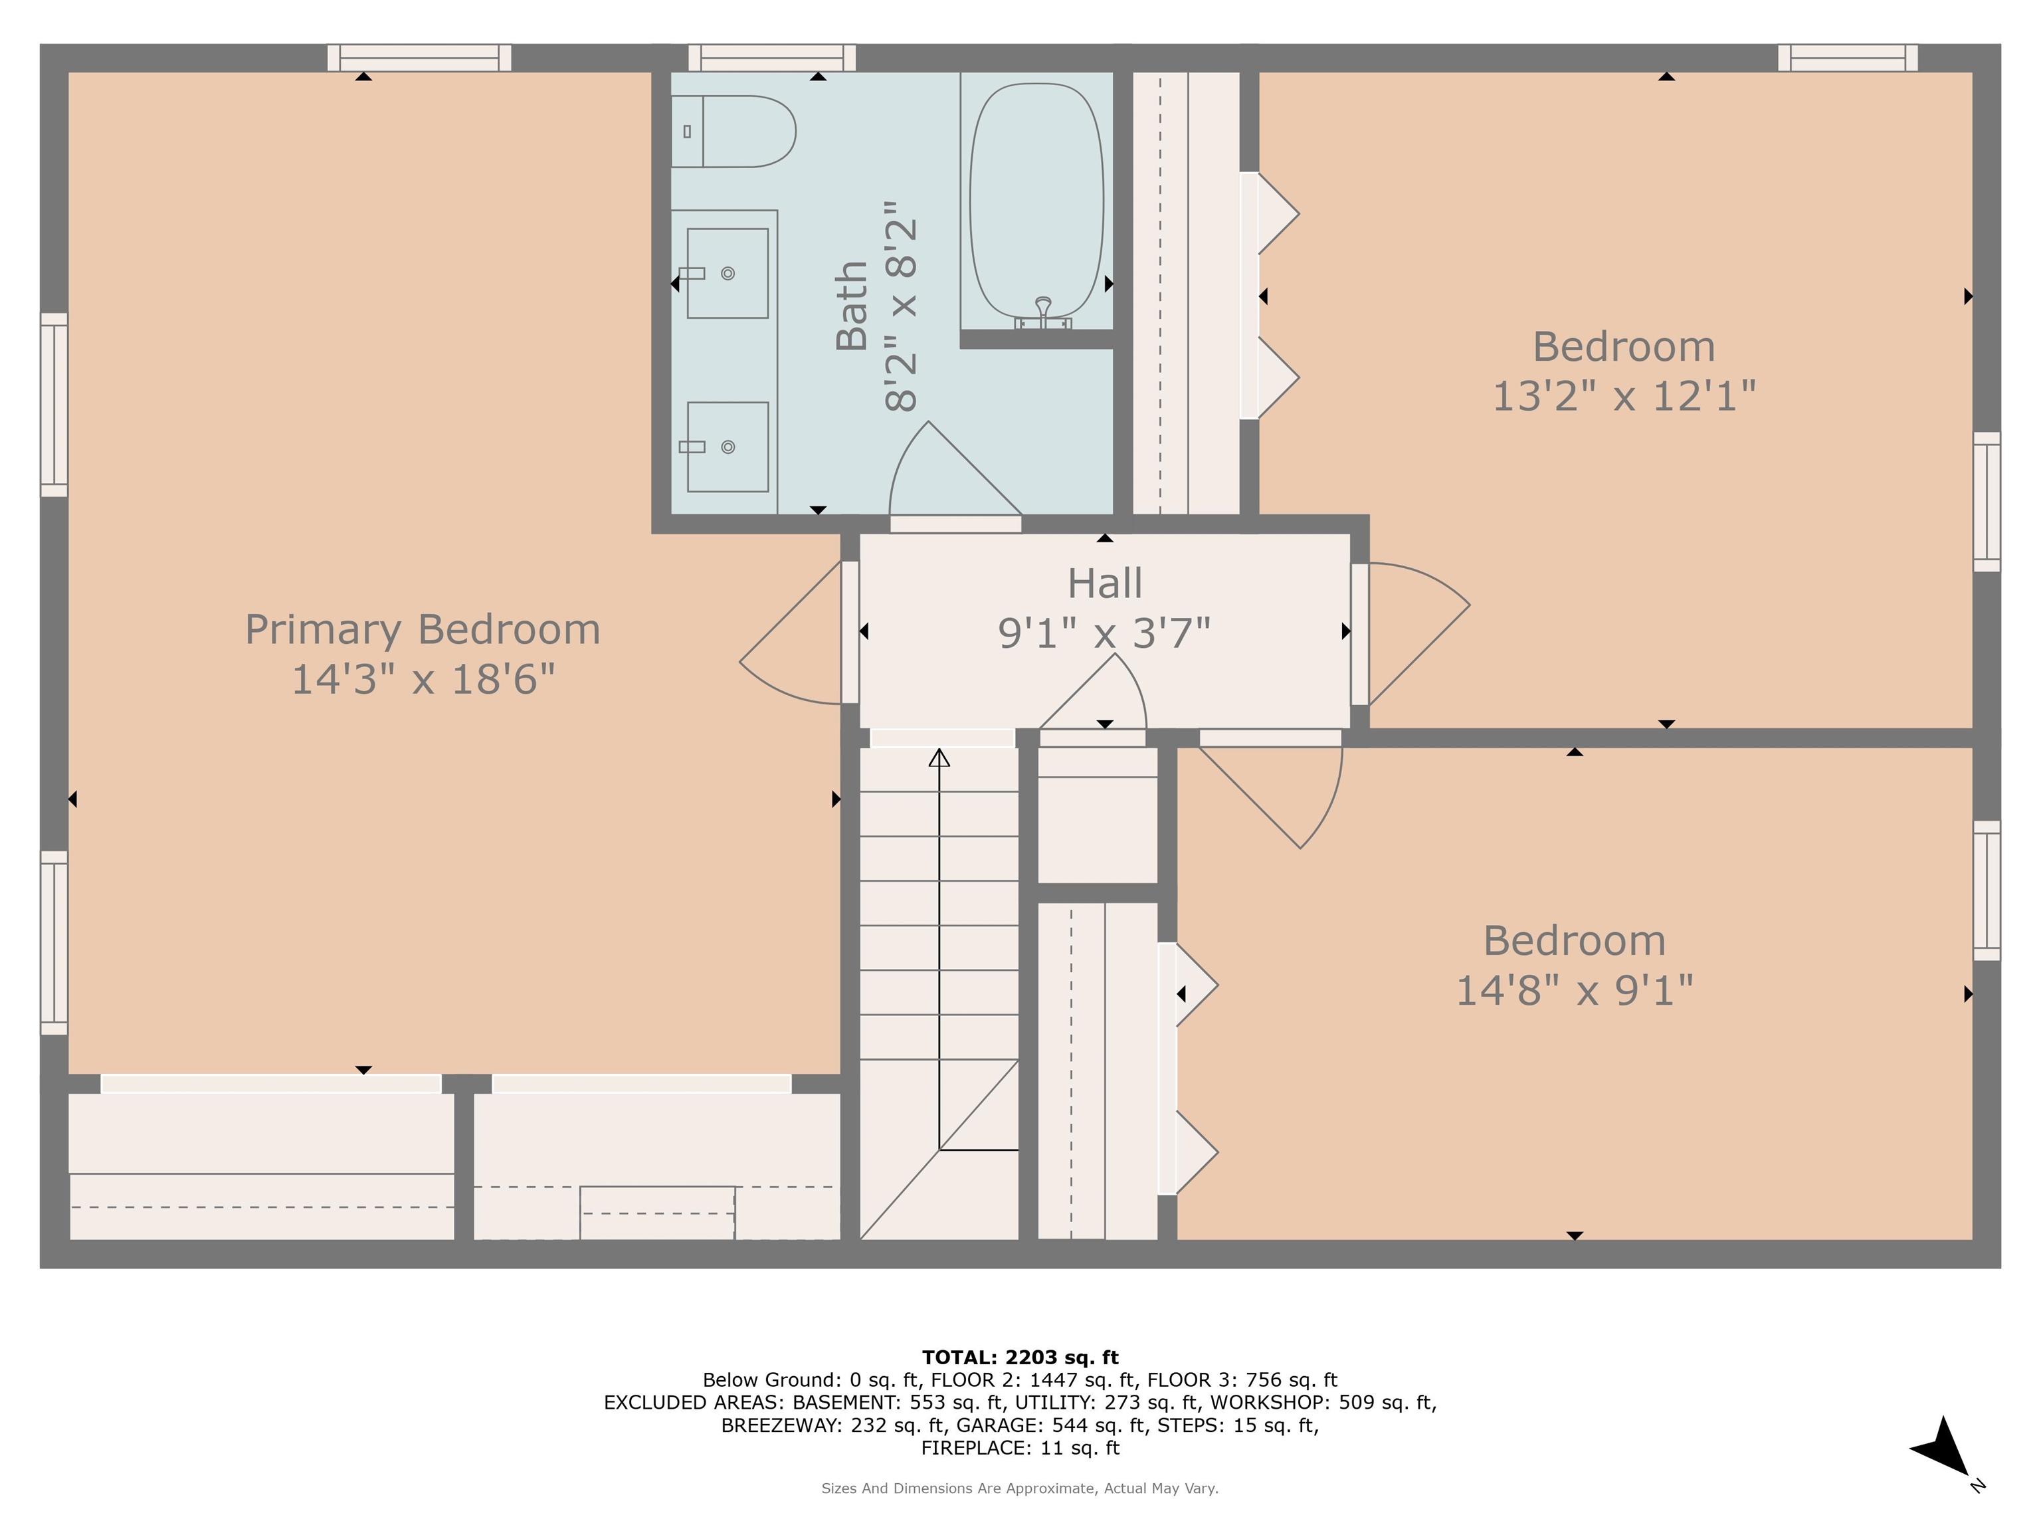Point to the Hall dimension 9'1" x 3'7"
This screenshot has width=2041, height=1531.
coord(1104,633)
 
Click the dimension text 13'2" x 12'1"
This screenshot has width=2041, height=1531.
coord(1623,397)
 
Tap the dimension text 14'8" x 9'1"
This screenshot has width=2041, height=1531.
coord(1574,991)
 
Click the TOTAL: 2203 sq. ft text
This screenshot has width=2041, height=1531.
coord(1020,1357)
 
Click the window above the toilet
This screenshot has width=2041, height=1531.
coord(771,58)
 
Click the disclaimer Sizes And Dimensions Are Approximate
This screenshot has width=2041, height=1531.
coord(1020,1488)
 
